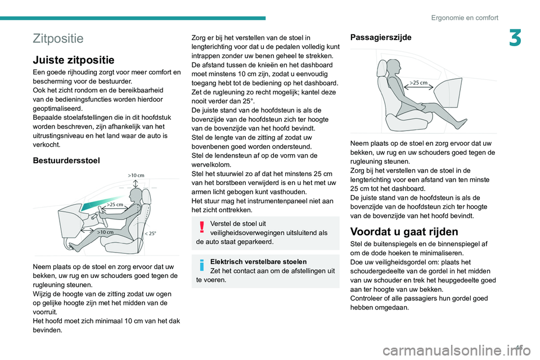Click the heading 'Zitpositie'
(58, 38)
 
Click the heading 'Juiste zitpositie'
(74, 60)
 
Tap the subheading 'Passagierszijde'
(380, 37)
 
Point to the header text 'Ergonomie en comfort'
(465, 17)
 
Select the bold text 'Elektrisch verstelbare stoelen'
(258, 262)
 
